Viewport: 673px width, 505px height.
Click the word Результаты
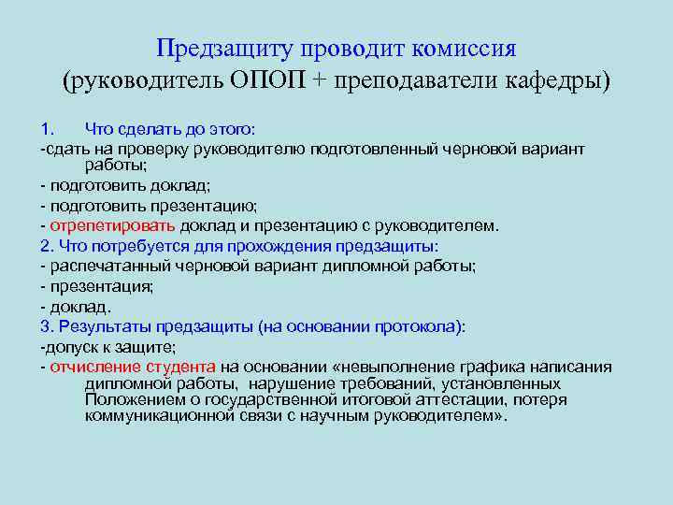click(x=105, y=326)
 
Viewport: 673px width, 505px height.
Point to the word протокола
click(x=417, y=326)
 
